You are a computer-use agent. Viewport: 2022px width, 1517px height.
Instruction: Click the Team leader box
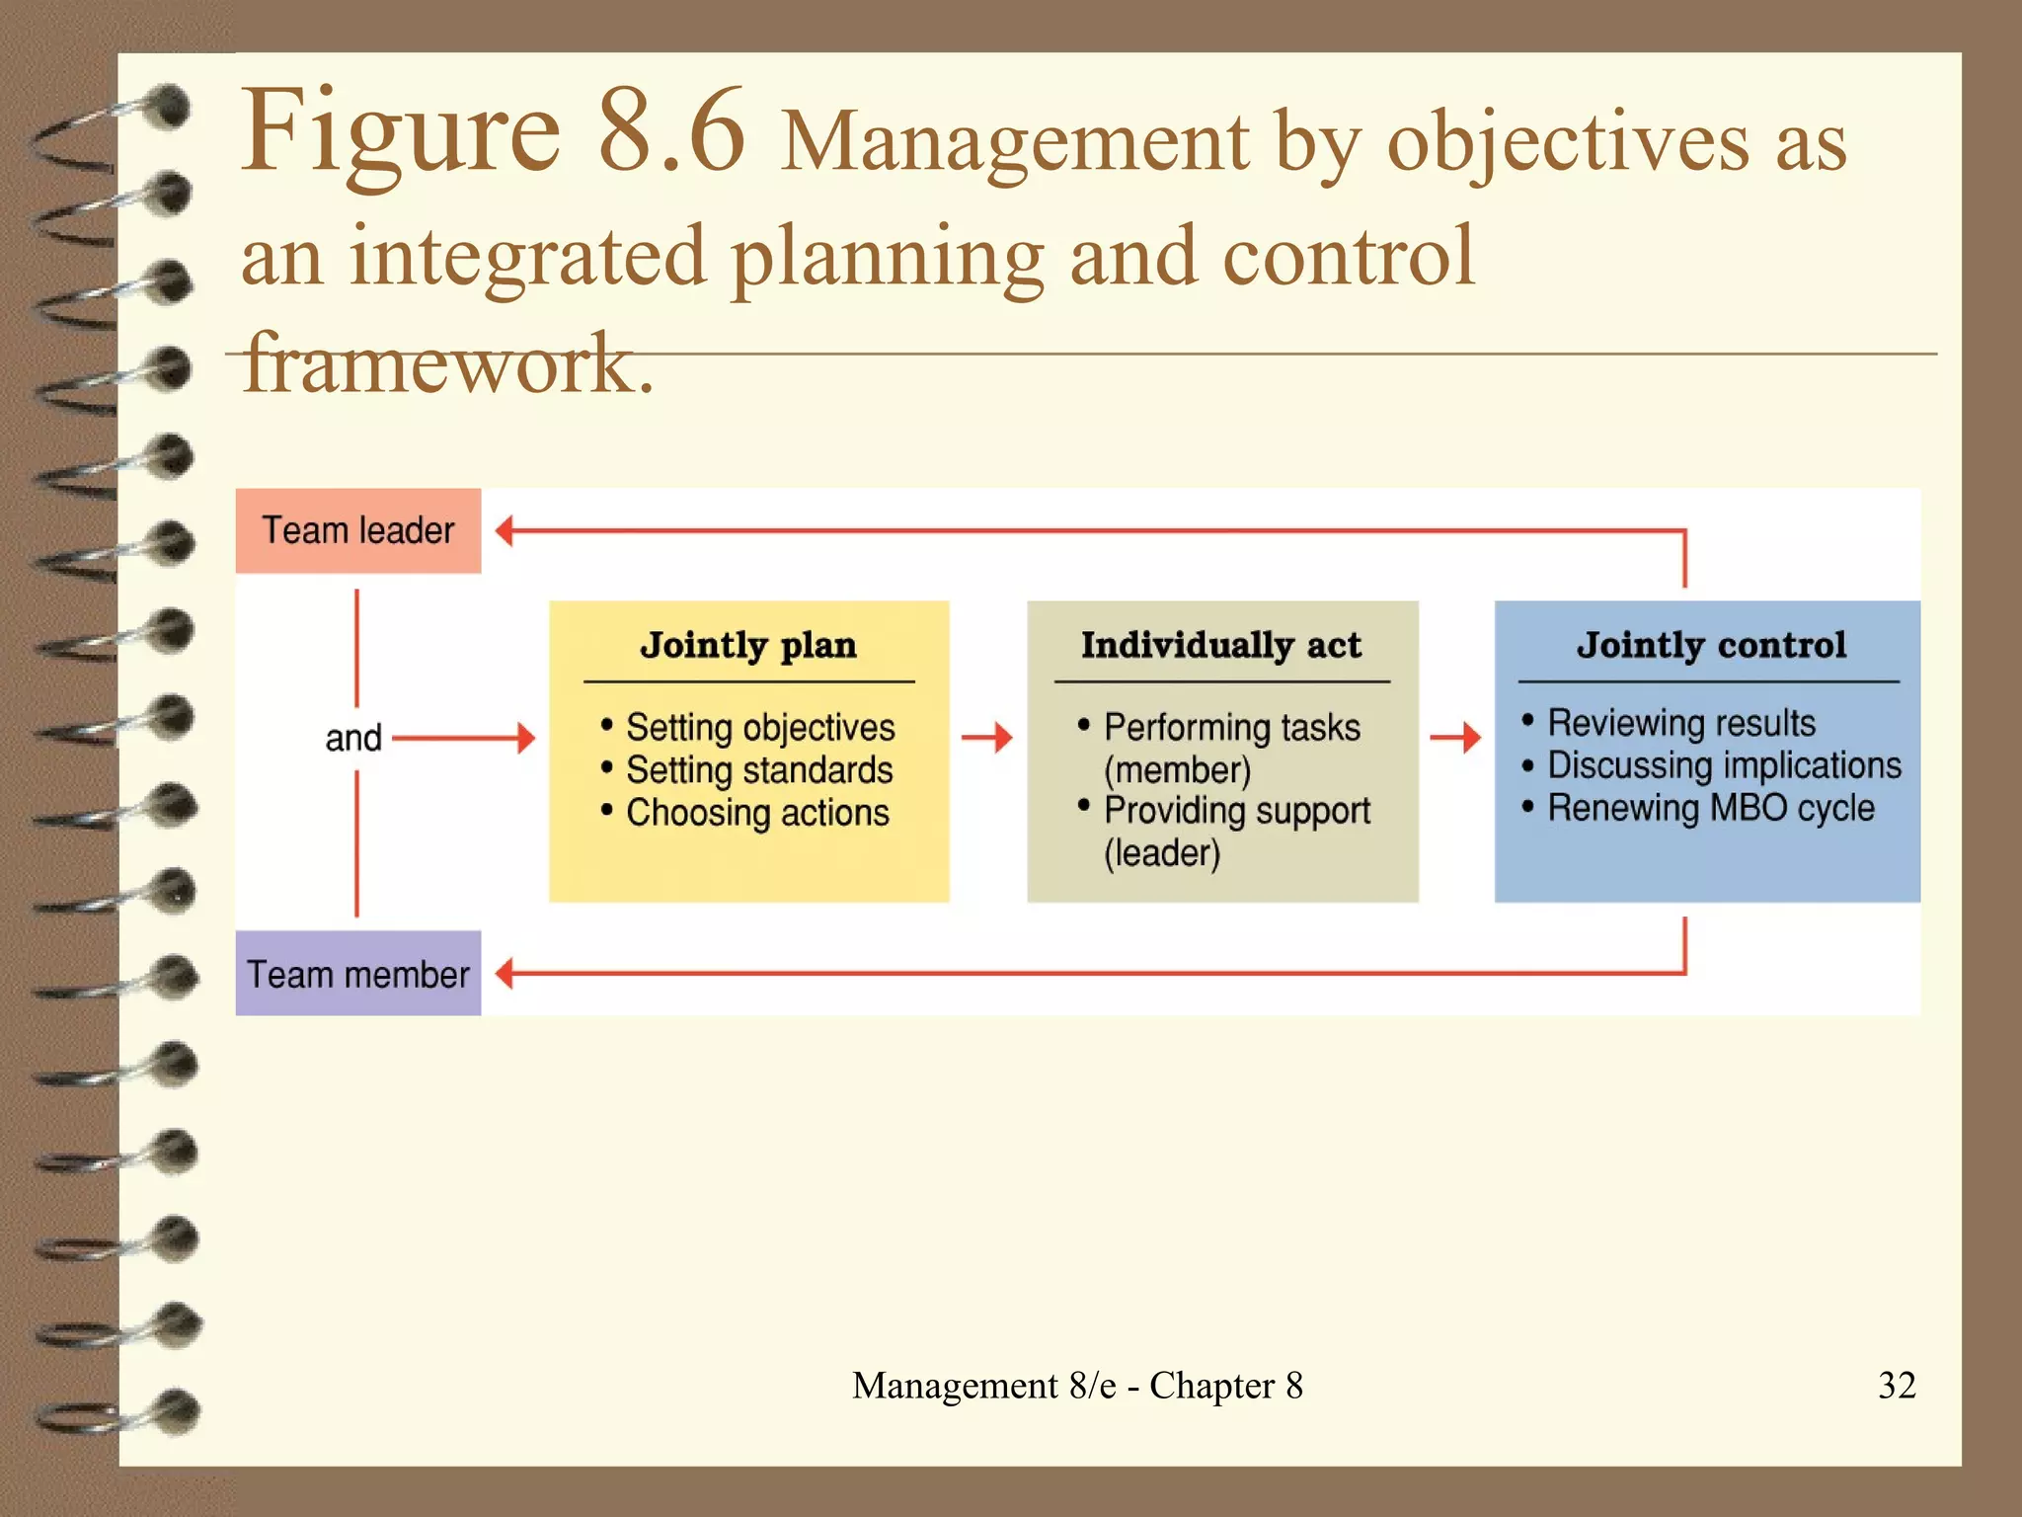point(357,530)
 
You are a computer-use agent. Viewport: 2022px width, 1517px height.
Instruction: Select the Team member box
point(357,974)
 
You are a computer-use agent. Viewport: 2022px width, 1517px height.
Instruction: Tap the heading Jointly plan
point(748,645)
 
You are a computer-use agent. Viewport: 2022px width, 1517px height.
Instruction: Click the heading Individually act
point(1221,645)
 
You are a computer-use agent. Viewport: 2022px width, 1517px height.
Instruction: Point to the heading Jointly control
point(1711,645)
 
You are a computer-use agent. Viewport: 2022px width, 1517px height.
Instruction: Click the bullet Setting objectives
point(759,728)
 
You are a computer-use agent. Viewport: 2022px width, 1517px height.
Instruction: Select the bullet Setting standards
point(758,770)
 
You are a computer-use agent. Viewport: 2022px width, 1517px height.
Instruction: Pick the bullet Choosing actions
point(757,813)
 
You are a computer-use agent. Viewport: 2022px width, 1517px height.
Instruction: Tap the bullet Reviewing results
point(1680,723)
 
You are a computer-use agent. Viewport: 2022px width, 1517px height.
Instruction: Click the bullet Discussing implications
point(1723,765)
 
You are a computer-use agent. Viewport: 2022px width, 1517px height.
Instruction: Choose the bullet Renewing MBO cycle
point(1710,808)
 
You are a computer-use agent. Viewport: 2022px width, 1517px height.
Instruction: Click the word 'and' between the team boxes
point(353,738)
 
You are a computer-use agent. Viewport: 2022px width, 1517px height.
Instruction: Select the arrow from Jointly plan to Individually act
point(987,737)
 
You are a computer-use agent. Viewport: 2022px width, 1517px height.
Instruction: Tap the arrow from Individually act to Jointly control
point(1456,737)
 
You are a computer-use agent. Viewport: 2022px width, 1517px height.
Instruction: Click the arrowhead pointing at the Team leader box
point(505,530)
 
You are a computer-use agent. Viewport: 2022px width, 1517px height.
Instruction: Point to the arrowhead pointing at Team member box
point(505,974)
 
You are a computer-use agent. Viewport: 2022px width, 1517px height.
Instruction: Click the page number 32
point(1897,1385)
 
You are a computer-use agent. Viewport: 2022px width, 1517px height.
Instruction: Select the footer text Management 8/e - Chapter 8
point(1077,1385)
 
